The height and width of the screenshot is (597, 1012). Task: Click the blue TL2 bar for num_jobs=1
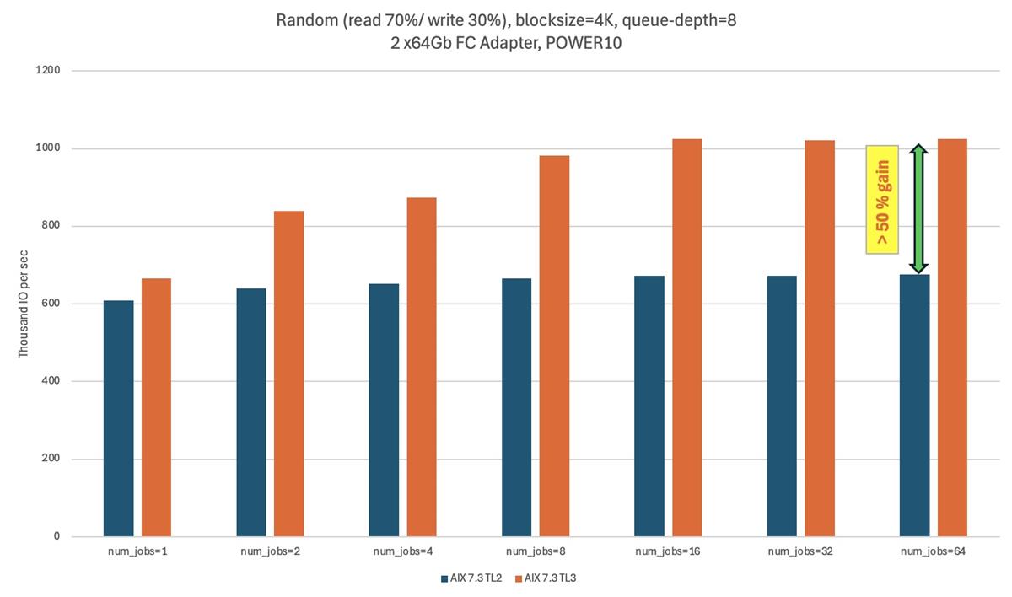coord(118,418)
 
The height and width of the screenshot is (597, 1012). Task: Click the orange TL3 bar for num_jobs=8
coord(554,346)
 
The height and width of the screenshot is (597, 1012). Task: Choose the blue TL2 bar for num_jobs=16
coord(649,406)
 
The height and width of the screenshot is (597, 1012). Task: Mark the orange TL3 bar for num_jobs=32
coord(819,338)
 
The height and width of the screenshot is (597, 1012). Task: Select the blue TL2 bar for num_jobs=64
coord(914,405)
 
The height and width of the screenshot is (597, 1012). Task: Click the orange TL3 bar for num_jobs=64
coord(952,337)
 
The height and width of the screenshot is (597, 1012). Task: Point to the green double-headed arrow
coord(918,208)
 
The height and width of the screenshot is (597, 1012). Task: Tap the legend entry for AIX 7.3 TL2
coord(473,578)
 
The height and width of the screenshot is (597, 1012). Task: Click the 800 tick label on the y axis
coord(52,226)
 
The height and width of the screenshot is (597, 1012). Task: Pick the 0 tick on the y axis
coord(57,536)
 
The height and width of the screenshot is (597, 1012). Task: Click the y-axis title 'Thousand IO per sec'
coord(24,303)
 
